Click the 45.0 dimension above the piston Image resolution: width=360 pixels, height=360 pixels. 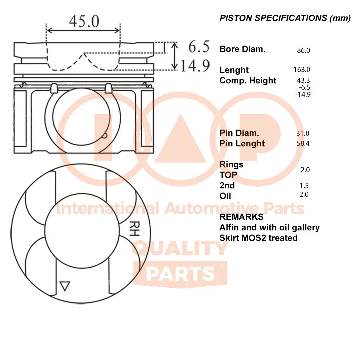[84, 22]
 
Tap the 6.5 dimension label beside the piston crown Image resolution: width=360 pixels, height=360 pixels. [199, 47]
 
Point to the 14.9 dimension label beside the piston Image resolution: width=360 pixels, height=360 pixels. [195, 66]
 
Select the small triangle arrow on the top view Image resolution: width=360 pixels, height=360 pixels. [65, 286]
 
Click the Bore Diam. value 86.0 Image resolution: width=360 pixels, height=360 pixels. [303, 51]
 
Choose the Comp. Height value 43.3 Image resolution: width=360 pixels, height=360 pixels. [303, 80]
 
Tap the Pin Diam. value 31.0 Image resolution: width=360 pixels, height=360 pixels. [303, 134]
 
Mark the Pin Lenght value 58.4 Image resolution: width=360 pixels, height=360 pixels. [303, 144]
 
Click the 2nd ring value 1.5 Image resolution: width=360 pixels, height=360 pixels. [304, 186]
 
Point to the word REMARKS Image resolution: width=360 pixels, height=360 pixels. [241, 217]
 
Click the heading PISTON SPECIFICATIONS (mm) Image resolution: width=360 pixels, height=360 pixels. [285, 18]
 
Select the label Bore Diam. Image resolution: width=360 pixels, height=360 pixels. [242, 49]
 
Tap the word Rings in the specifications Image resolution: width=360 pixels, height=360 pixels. [231, 165]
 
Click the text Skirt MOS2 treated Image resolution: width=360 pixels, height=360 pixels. [258, 238]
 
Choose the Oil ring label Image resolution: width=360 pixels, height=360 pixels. [225, 196]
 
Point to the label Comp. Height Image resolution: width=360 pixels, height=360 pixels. [248, 81]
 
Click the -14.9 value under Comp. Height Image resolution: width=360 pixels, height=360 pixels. [303, 94]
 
